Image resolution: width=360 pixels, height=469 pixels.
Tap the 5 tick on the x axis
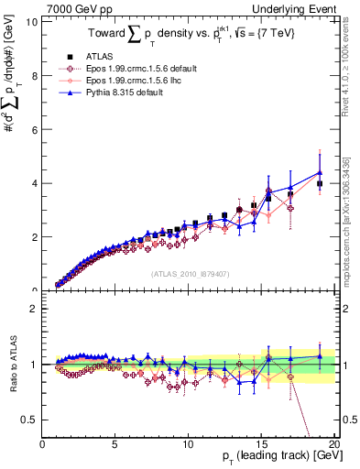point(115,444)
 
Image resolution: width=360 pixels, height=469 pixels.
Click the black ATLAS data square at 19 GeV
point(319,184)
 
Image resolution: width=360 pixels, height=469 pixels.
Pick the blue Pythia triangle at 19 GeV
point(319,172)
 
